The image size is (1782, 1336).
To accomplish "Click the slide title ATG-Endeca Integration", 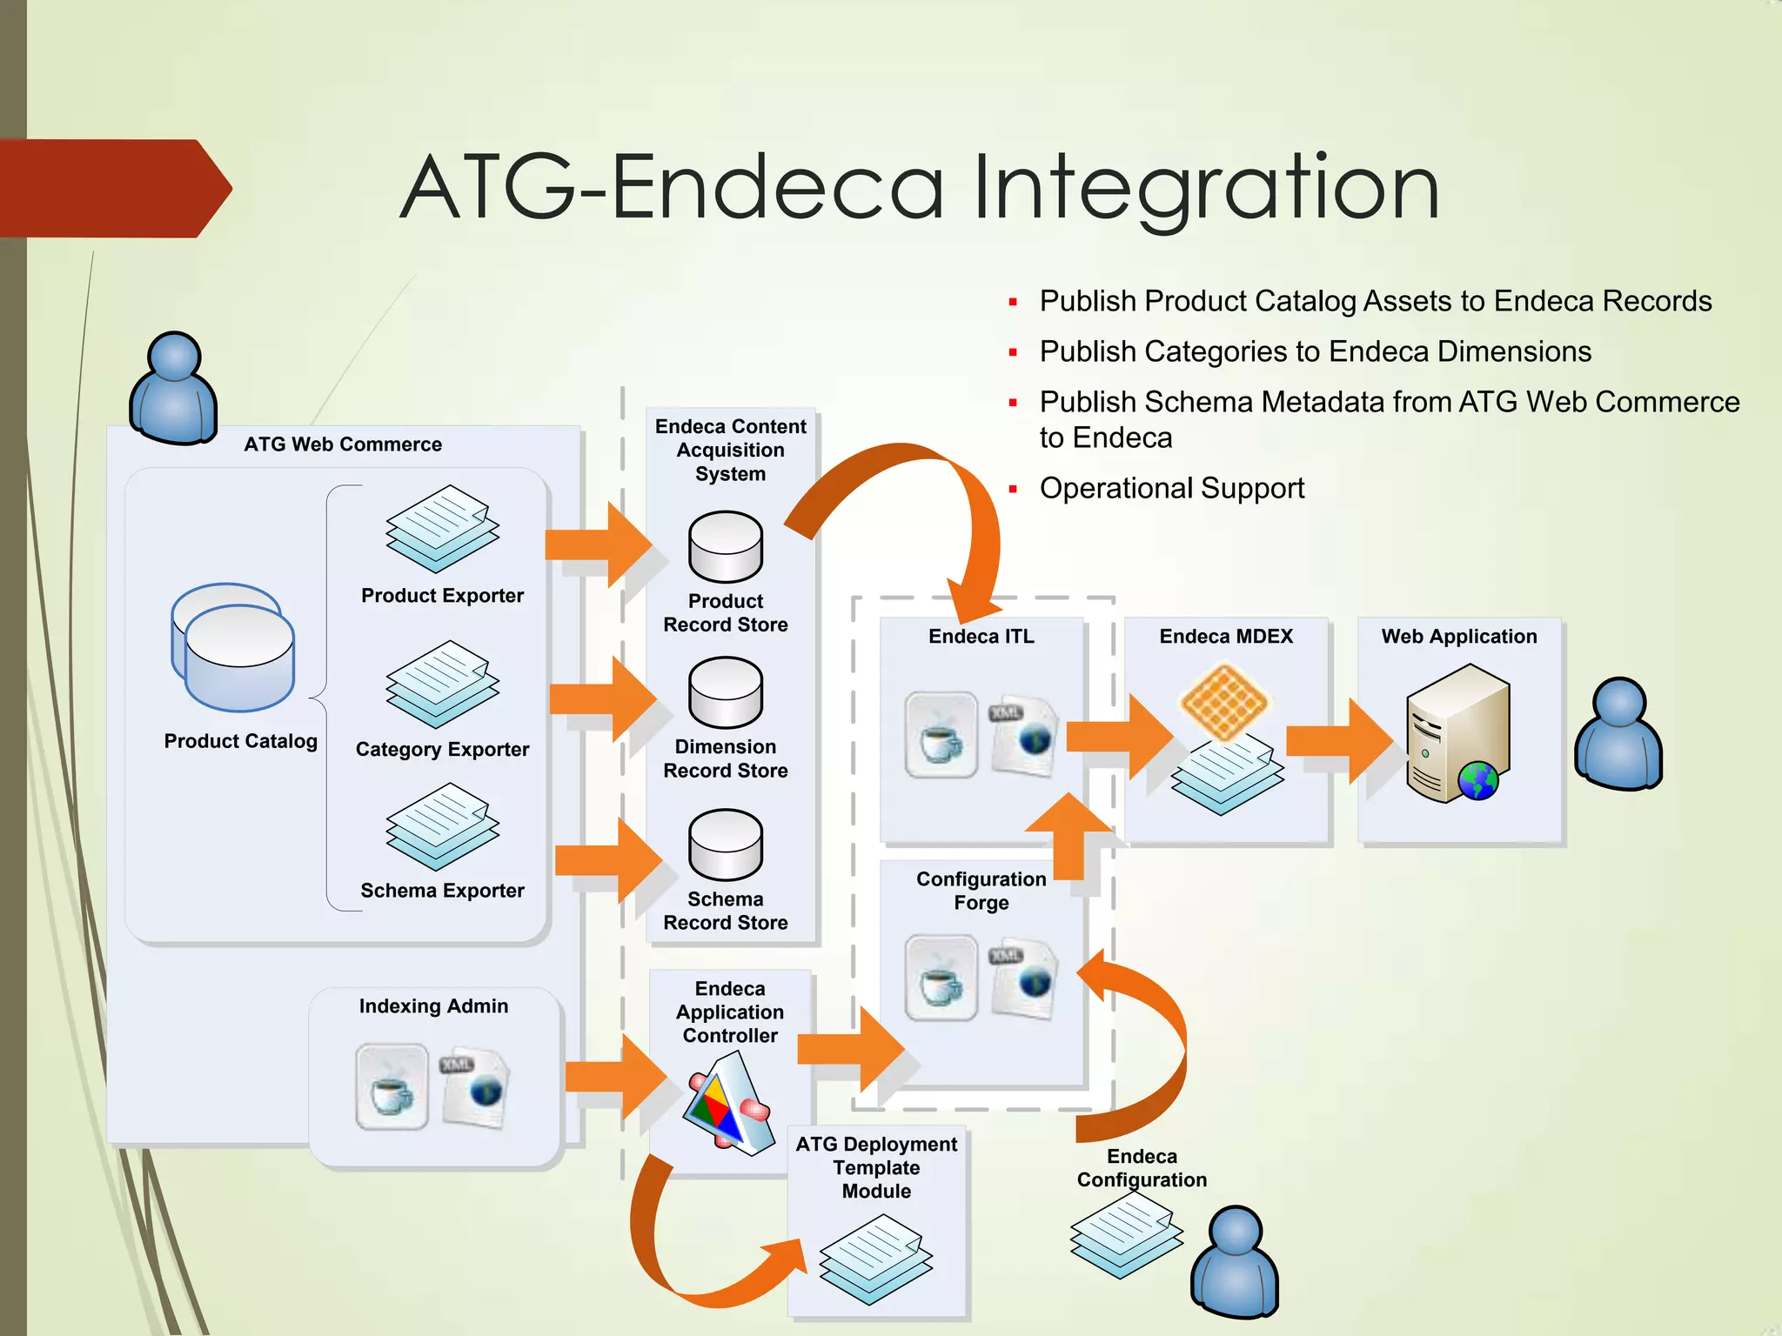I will point(920,188).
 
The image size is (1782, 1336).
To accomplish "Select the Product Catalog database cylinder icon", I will point(233,648).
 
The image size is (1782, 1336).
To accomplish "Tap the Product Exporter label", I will point(442,596).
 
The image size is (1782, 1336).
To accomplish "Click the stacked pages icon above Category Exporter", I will point(442,685).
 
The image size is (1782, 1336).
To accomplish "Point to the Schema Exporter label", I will point(442,891).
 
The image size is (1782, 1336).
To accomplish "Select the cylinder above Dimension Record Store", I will point(726,692).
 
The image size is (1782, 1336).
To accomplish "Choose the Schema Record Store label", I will point(726,911).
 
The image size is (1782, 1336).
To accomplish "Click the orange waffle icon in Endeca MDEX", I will point(1225,701).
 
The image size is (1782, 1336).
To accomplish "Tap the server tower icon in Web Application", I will point(1457,733).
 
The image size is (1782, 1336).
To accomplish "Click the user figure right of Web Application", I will point(1618,735).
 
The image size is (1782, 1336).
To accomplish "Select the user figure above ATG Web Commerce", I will point(173,388).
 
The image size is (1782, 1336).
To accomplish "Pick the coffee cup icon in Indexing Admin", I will point(392,1087).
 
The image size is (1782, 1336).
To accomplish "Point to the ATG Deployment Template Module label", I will point(876,1167).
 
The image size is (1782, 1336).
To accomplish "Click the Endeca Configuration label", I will point(1142,1168).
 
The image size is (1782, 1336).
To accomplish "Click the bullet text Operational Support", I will point(1171,488).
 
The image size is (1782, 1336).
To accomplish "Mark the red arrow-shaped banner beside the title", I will point(113,188).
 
